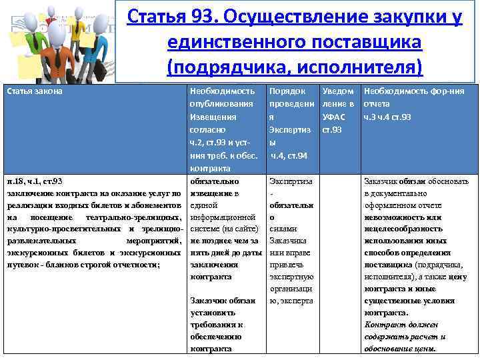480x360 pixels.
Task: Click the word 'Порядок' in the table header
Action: point(289,91)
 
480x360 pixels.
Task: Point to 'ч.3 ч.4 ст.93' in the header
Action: point(387,117)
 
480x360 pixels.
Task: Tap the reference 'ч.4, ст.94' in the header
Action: point(289,155)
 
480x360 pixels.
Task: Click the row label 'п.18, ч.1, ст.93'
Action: point(34,181)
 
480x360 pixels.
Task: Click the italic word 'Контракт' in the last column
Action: point(382,325)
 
